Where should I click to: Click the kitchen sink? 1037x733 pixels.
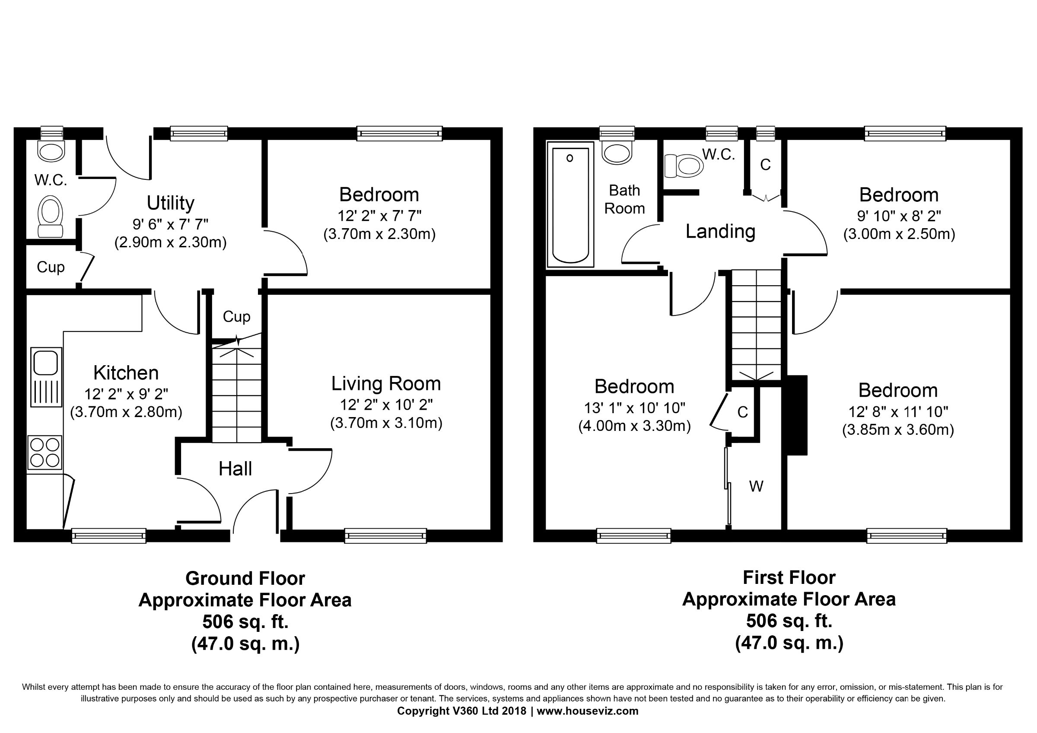point(46,377)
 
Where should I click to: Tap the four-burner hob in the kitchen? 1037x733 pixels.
point(45,452)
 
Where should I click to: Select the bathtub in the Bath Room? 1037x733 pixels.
point(570,204)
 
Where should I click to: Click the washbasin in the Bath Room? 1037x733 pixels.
point(617,152)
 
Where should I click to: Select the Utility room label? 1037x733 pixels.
point(170,203)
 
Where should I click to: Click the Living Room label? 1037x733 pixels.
point(386,383)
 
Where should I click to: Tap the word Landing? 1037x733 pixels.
point(720,231)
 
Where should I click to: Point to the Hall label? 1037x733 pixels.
point(235,469)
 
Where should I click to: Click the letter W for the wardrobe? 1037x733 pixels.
point(756,486)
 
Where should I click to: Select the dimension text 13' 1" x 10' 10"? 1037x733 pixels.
point(635,408)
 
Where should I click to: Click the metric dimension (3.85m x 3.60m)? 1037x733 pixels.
point(898,430)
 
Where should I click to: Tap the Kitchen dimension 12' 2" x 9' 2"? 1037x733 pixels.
point(126,394)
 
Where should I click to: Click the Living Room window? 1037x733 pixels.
point(385,535)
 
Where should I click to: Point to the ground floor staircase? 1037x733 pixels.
point(237,393)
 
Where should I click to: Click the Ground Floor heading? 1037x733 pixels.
point(245,578)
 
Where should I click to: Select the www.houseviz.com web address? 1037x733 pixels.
point(587,711)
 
